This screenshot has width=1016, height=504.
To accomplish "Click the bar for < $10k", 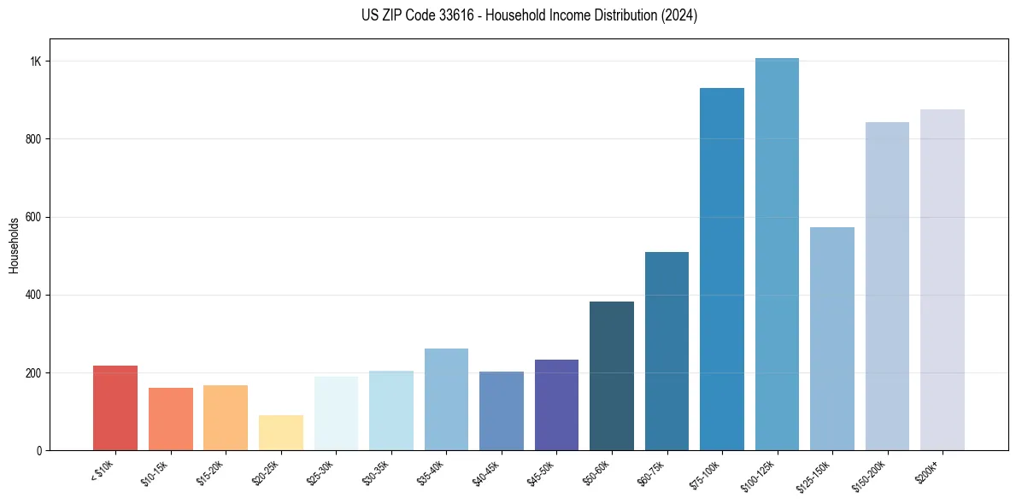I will pos(115,407).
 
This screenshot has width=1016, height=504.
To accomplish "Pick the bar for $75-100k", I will pos(722,269).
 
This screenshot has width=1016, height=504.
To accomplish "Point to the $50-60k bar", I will pos(612,376).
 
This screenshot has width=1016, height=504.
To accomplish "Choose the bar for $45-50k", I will pos(556,405).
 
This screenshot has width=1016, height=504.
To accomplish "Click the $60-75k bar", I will pos(667,351).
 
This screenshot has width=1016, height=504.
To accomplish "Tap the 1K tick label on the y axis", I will pos(35,62).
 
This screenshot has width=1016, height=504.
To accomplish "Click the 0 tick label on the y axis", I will pos(38,450).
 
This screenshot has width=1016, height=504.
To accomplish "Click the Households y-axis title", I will pos(14,245).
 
